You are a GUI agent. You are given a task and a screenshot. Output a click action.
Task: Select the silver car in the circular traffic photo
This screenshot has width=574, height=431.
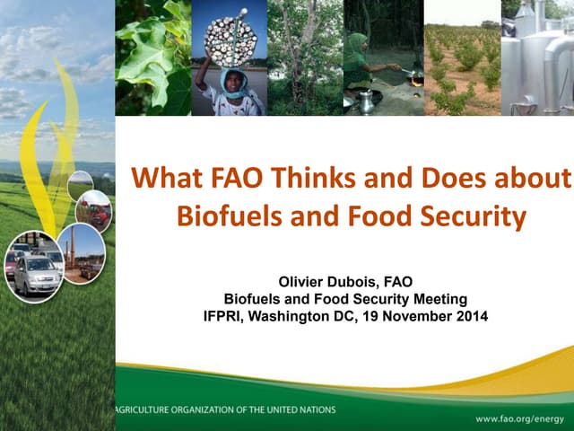[35, 275]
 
